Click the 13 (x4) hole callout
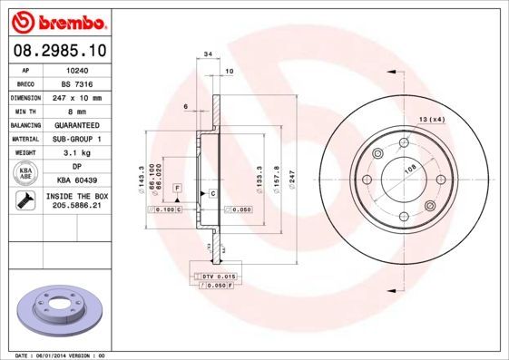pyautogui.click(x=432, y=120)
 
